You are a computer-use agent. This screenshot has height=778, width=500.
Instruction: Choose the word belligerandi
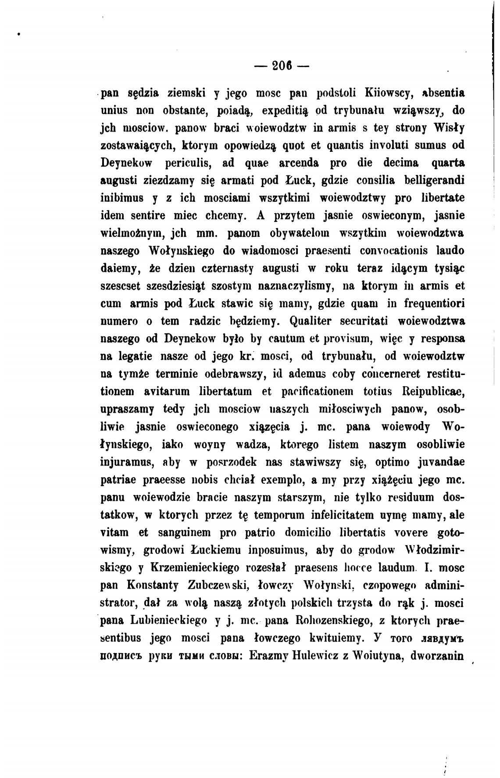[x=435, y=181]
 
